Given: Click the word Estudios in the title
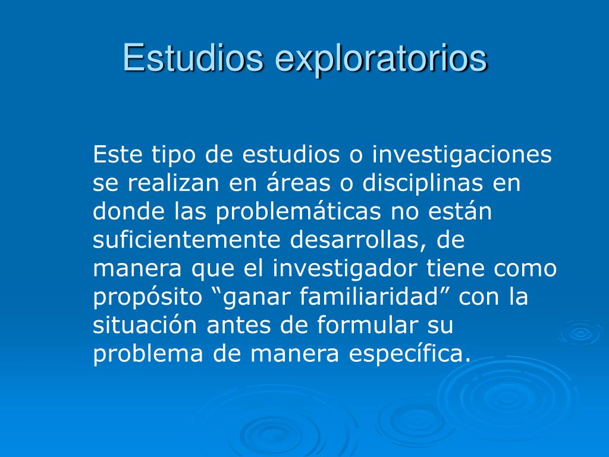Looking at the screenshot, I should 193,58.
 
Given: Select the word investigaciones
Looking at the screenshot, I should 462,156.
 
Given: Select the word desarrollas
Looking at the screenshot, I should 359,240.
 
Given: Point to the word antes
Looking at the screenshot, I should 236,325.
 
